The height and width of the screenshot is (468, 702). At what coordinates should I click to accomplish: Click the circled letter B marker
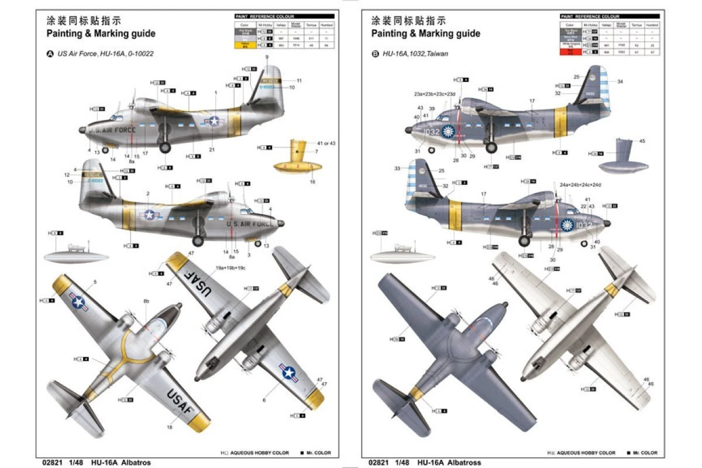point(375,53)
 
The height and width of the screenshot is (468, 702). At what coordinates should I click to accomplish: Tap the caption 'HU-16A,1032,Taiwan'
point(415,53)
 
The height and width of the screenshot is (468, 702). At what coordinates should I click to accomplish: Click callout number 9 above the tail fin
point(266,57)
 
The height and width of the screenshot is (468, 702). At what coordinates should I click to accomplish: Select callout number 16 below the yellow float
point(312,182)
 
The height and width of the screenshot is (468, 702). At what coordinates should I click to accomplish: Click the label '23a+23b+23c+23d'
point(435,94)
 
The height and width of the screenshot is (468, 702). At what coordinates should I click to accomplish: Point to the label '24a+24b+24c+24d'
point(580,184)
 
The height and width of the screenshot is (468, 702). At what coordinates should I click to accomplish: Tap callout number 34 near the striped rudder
point(620,81)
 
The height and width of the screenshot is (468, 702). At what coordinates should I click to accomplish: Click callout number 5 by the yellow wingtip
point(95,282)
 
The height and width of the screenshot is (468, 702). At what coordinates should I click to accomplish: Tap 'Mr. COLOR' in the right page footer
point(644,453)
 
